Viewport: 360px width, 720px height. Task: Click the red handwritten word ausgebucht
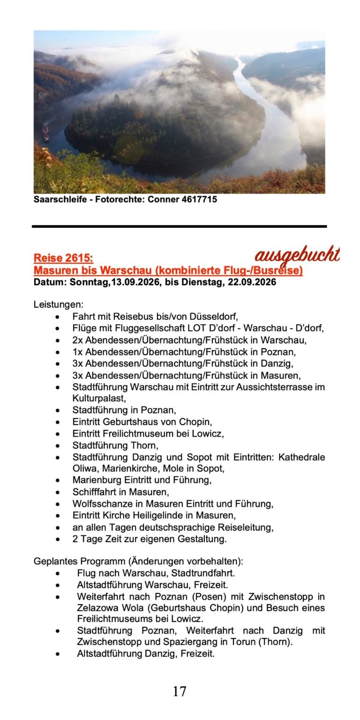(297, 255)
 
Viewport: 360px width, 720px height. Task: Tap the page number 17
(180, 691)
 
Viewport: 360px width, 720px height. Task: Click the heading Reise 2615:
(63, 258)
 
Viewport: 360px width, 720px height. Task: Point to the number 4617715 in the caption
(199, 199)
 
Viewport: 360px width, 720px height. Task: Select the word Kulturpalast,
(99, 398)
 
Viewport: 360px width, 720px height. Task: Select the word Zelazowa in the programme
(96, 608)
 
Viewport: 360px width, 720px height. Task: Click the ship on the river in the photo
(45, 133)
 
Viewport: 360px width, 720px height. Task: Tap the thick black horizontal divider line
(180, 226)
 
